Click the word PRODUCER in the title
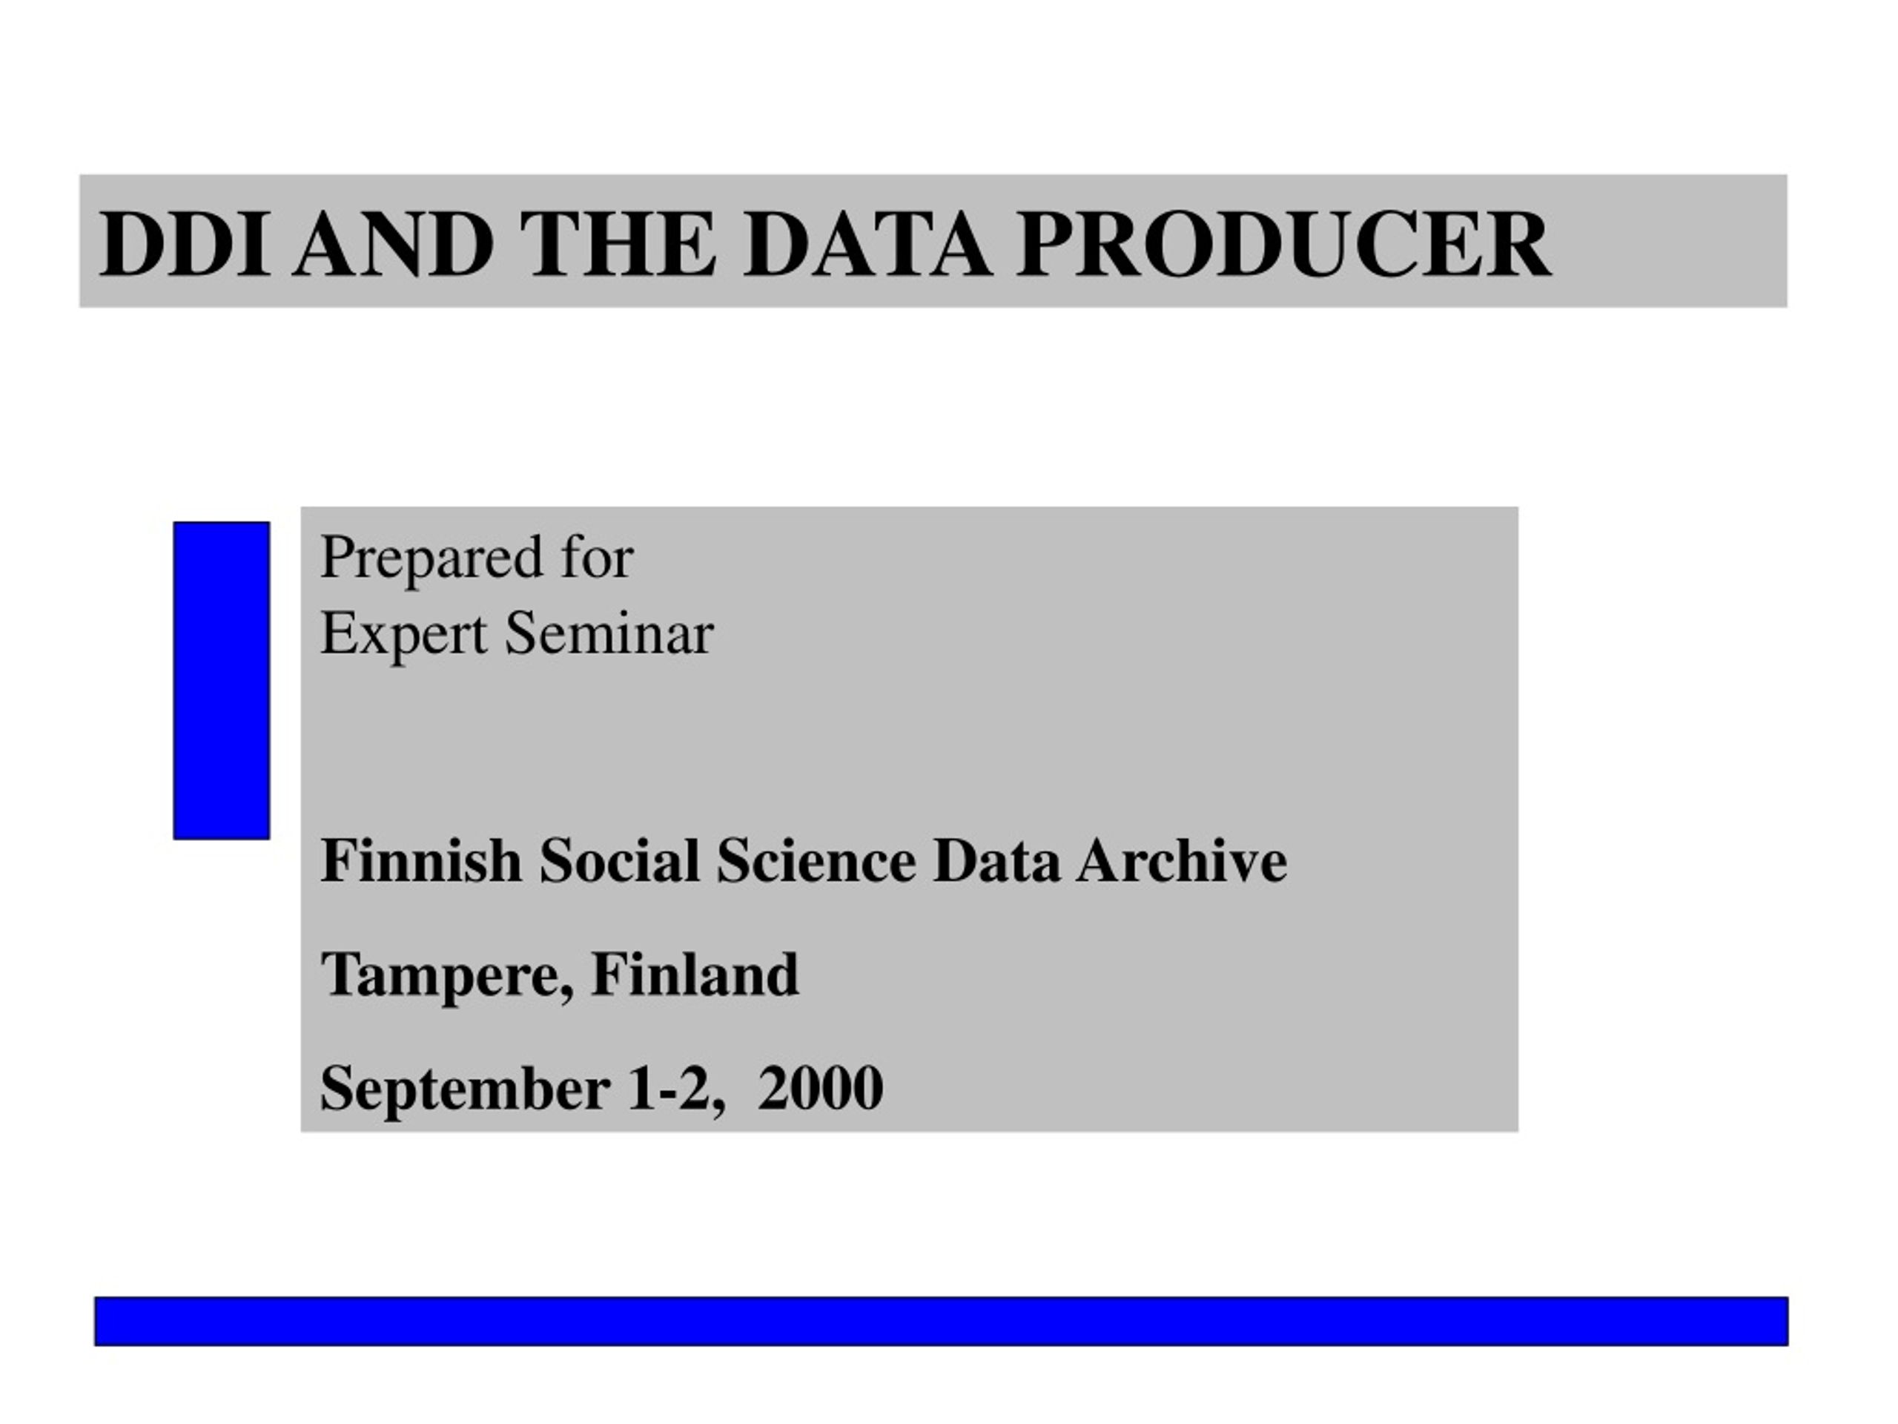[1283, 245]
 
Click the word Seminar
[609, 634]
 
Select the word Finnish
[420, 860]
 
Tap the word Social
[618, 860]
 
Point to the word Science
[816, 860]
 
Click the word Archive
[1182, 860]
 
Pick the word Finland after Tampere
[695, 975]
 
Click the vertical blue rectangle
[222, 681]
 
